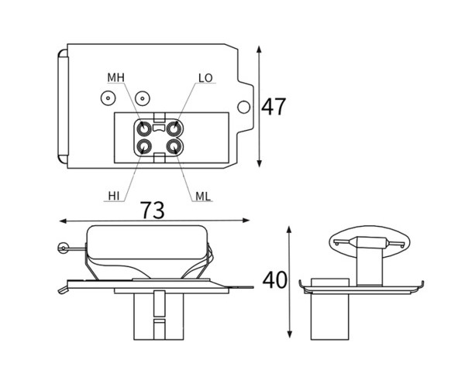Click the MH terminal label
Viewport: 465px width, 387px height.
115,77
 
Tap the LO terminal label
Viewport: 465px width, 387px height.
205,78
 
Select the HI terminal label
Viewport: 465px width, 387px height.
114,196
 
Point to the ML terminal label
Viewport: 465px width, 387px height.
203,196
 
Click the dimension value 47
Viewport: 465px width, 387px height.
274,107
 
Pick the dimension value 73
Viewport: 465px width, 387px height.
152,210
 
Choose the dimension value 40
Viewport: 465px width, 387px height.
274,280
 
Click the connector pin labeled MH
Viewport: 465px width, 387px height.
144,128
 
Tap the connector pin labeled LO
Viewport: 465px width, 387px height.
174,128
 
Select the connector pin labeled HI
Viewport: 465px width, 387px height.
144,146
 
